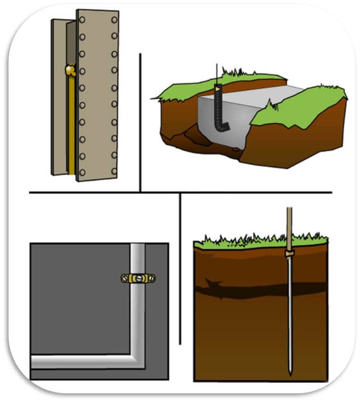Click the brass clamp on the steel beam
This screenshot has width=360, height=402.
tap(70, 70)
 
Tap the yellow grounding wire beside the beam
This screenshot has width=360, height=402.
tap(71, 126)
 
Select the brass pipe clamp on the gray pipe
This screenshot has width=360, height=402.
tap(138, 278)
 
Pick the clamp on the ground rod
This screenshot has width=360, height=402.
tap(289, 254)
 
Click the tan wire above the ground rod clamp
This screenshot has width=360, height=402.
tap(289, 225)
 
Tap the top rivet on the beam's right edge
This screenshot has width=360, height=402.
tap(114, 20)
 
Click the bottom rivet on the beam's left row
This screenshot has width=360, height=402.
tap(82, 172)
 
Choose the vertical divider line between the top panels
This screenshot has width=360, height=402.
tap(140, 122)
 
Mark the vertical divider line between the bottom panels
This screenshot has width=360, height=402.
tap(180, 270)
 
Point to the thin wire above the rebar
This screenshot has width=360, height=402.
tap(217, 74)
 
